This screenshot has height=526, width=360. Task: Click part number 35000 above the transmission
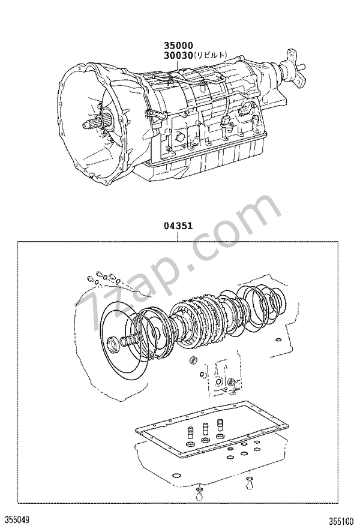(178, 46)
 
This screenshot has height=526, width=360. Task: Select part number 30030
(178, 55)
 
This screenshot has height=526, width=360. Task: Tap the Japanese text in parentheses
(211, 55)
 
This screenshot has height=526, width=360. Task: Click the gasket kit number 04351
(178, 226)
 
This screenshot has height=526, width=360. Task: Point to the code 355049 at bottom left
(15, 520)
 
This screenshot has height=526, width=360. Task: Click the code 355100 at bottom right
(341, 521)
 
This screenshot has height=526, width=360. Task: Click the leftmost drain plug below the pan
(199, 496)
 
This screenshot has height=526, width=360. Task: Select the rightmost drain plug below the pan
(248, 483)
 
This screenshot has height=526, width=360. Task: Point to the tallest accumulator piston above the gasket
(220, 425)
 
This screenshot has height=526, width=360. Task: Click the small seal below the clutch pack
(194, 361)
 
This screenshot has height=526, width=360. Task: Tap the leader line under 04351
(178, 236)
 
